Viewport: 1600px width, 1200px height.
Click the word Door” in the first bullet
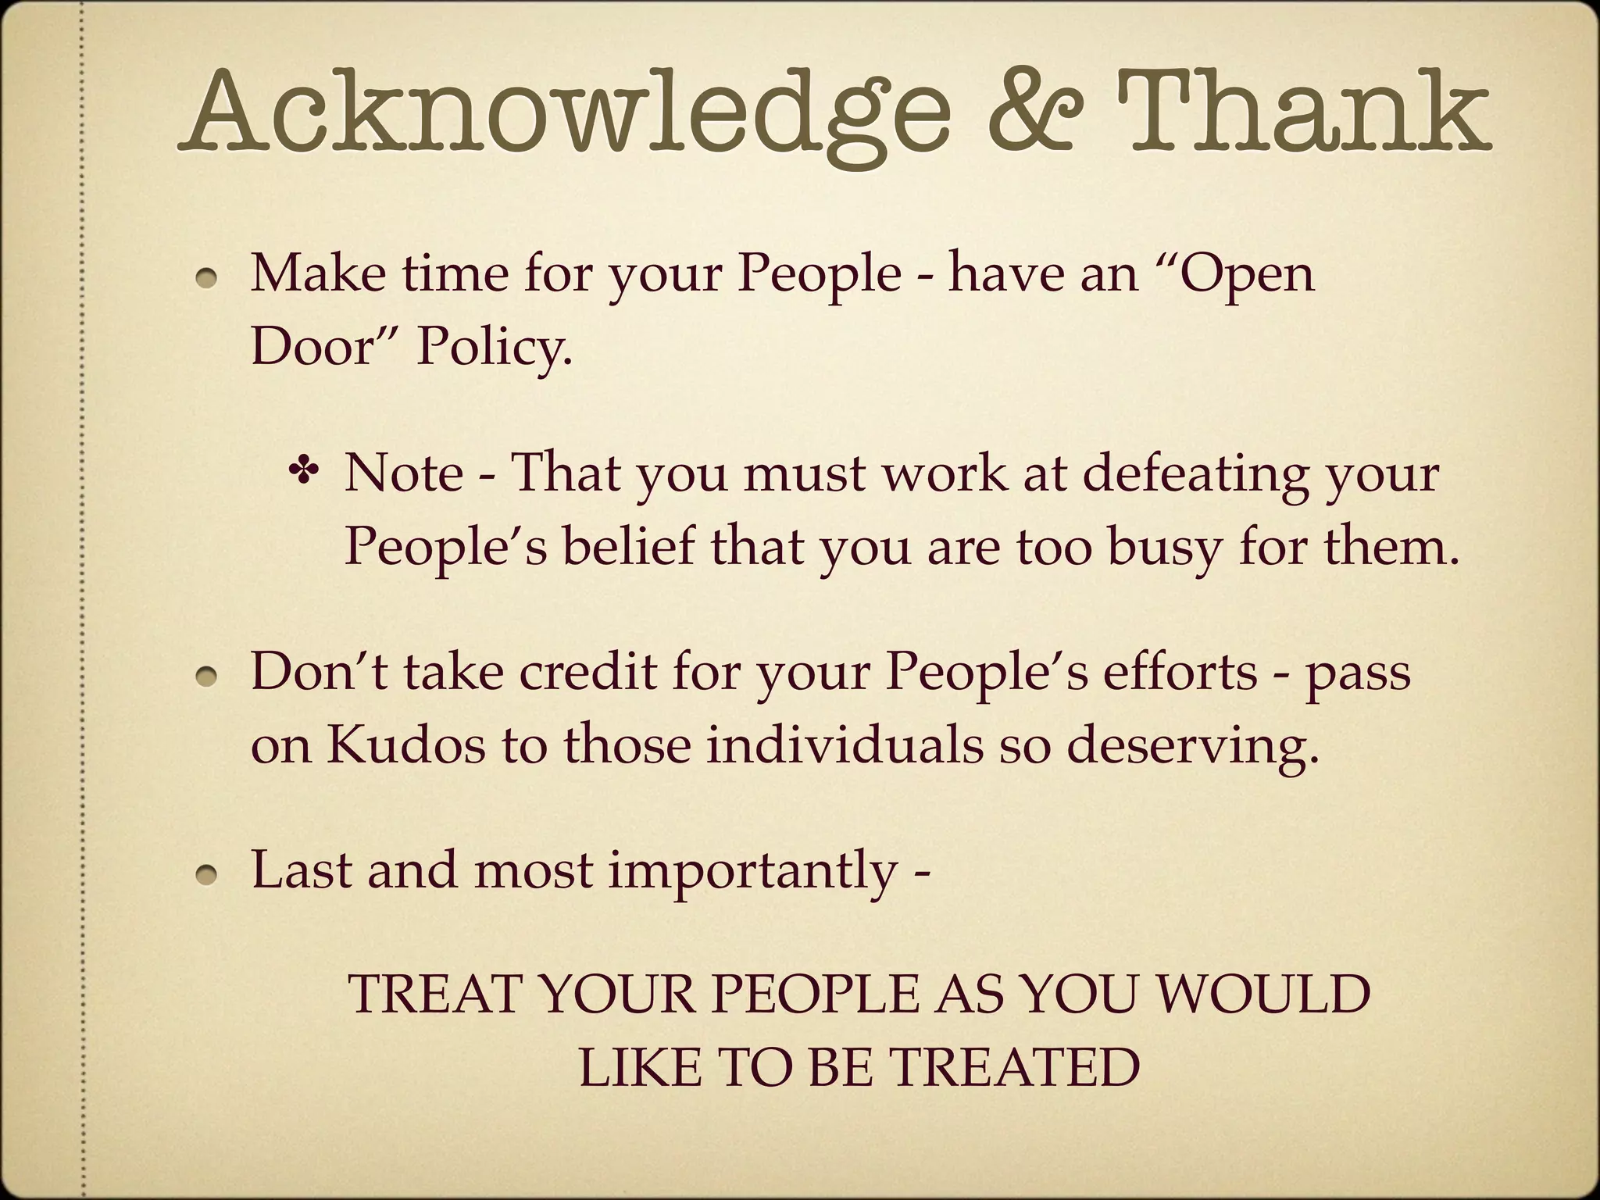[x=325, y=346]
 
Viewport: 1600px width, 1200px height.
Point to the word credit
[x=587, y=670]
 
